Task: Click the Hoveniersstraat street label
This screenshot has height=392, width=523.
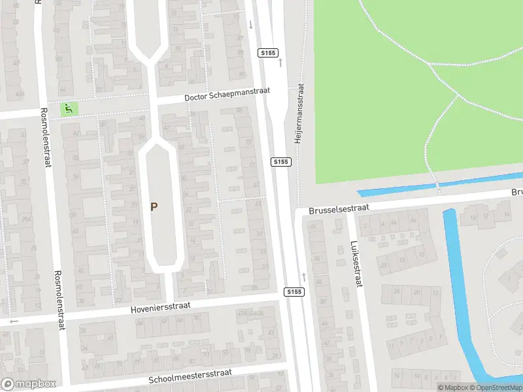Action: click(170, 304)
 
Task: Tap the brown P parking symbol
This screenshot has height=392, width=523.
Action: click(154, 207)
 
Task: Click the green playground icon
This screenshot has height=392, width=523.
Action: click(67, 108)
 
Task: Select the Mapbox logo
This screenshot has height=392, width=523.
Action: click(28, 384)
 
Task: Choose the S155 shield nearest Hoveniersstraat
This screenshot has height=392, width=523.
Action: click(294, 291)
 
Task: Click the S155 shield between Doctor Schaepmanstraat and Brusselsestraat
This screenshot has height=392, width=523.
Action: click(280, 161)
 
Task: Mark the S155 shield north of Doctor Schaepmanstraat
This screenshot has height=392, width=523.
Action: click(267, 52)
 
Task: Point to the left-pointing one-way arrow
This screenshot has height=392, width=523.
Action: click(14, 321)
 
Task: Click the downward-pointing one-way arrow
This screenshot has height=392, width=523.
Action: click(250, 25)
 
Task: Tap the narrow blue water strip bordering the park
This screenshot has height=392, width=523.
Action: click(438, 184)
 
